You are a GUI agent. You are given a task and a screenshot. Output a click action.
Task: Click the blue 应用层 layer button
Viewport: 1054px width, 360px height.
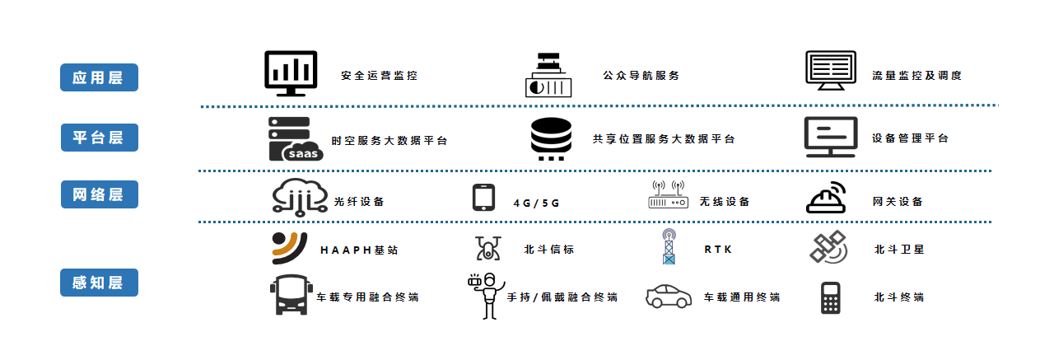click(x=99, y=77)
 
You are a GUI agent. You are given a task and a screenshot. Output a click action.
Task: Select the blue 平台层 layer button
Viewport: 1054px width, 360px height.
click(x=99, y=137)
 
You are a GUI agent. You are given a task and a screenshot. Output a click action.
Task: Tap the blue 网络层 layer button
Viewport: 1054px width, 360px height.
click(x=99, y=194)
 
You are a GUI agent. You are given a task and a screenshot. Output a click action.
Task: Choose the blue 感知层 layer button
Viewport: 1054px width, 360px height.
click(x=99, y=283)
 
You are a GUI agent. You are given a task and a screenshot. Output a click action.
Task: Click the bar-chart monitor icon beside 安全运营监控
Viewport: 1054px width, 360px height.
click(x=291, y=73)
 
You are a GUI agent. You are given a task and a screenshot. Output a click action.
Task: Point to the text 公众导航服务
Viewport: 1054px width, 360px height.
click(x=641, y=76)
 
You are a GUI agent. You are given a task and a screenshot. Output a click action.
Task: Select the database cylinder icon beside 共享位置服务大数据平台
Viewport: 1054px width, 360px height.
click(x=551, y=138)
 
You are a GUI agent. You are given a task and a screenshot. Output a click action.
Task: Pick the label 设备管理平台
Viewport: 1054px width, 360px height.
click(x=910, y=138)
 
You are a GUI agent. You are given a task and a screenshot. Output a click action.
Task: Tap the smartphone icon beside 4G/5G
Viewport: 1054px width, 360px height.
click(x=484, y=199)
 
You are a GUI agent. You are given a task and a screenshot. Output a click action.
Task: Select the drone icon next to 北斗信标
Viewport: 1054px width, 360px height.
click(x=487, y=247)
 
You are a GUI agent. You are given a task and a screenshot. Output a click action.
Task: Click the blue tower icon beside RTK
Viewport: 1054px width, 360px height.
click(x=669, y=247)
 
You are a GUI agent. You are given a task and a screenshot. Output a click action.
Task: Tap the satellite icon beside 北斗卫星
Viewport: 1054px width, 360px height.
click(x=828, y=247)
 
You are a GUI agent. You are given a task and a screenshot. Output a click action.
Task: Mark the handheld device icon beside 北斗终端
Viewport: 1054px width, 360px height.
click(x=829, y=297)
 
